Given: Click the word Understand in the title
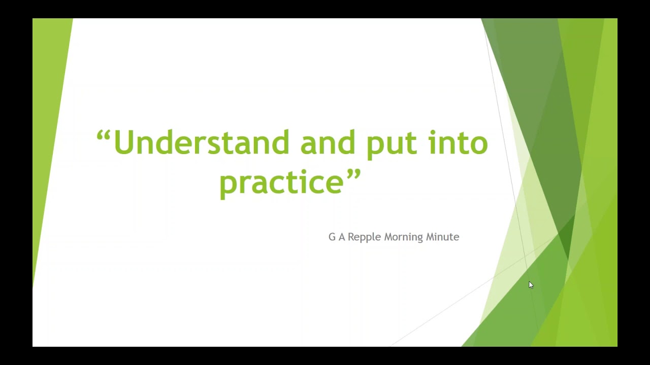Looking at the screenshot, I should click(202, 143).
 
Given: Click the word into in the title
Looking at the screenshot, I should click(458, 143).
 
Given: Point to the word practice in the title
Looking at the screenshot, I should click(282, 182).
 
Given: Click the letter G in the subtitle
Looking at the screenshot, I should click(332, 237).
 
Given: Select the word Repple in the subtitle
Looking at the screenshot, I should click(364, 237).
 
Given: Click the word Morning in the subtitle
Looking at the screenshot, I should click(403, 237).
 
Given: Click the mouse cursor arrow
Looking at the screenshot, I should click(531, 285).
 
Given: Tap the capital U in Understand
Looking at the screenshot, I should click(123, 143).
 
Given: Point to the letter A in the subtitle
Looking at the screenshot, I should click(342, 237).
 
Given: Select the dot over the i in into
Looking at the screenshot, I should click(433, 133).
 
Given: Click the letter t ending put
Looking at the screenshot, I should click(411, 144).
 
